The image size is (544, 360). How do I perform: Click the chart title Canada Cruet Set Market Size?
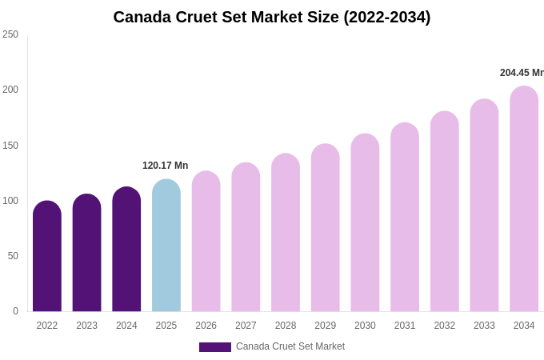(x=271, y=17)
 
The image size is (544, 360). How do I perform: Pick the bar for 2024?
(x=126, y=250)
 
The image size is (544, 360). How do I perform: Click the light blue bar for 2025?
(x=166, y=246)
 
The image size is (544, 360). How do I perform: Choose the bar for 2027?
(x=246, y=238)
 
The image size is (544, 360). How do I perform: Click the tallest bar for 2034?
(x=524, y=199)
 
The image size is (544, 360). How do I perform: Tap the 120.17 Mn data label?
(x=166, y=166)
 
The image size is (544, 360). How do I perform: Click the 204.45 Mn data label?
(x=522, y=73)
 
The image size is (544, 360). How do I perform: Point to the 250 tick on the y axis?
(x=10, y=34)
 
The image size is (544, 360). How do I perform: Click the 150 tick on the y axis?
(x=10, y=146)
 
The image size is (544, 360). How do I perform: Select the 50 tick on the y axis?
(x=13, y=256)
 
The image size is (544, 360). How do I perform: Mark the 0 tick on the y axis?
(x=15, y=311)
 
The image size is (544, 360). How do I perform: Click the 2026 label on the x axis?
(x=206, y=326)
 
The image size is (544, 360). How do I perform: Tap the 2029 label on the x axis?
(x=325, y=326)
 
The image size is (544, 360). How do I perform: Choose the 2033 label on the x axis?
(x=484, y=326)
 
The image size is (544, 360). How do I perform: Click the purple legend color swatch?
(x=214, y=347)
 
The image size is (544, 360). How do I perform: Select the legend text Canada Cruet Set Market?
(x=290, y=346)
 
